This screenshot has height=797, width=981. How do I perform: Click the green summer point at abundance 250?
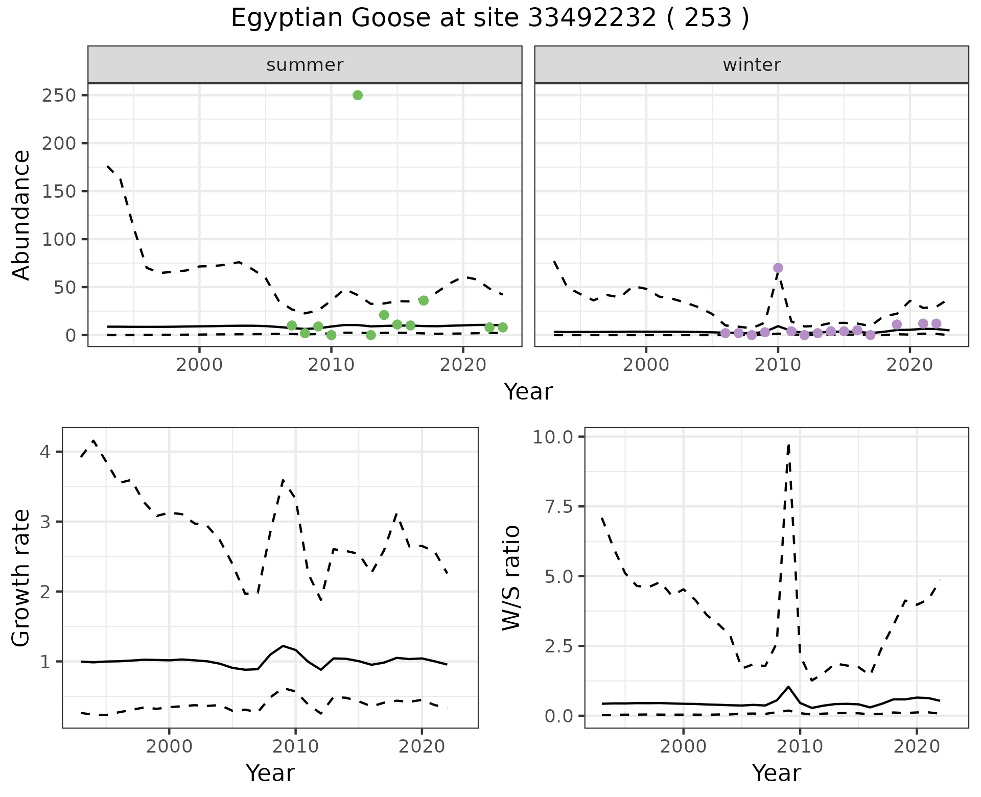pyautogui.click(x=358, y=95)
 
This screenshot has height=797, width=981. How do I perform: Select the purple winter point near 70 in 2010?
pyautogui.click(x=778, y=268)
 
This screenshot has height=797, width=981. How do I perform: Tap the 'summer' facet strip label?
pyautogui.click(x=305, y=65)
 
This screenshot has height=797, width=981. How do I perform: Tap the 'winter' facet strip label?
pyautogui.click(x=752, y=65)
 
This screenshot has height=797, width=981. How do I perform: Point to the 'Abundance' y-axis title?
pyautogui.click(x=21, y=215)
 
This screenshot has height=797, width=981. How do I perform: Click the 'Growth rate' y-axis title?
pyautogui.click(x=21, y=578)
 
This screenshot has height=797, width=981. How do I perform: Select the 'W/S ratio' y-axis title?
pyautogui.click(x=511, y=578)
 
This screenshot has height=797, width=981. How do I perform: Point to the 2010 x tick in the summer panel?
pyautogui.click(x=331, y=365)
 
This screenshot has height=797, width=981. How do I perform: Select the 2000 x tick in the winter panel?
pyautogui.click(x=646, y=365)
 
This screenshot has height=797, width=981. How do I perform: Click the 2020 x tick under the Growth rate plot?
pyautogui.click(x=422, y=746)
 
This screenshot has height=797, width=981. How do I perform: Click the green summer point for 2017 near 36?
pyautogui.click(x=424, y=300)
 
